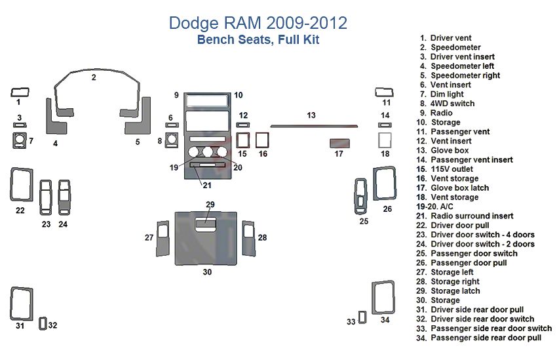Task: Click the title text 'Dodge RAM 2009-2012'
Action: point(258,23)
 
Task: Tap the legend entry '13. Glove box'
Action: point(450,150)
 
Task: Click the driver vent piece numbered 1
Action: point(19,91)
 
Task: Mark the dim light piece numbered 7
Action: point(18,141)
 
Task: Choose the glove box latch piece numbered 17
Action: point(339,144)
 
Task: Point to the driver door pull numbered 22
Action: point(21,184)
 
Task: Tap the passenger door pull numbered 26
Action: point(385,183)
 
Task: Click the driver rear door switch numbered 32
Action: point(43,323)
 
